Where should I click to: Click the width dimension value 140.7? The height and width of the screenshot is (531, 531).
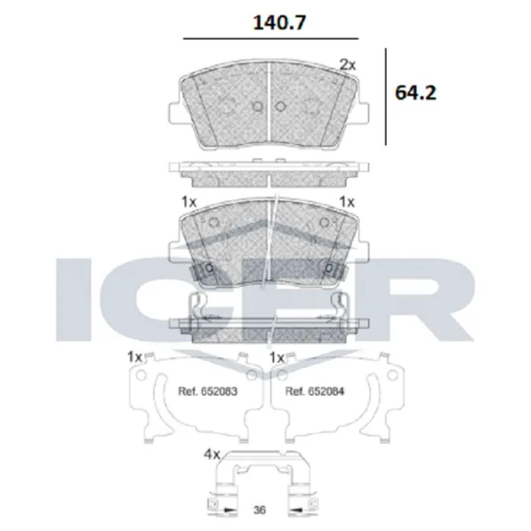point(280,23)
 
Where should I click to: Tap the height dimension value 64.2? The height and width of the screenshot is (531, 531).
point(416,92)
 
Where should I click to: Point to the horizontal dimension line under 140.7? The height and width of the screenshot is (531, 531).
point(271,39)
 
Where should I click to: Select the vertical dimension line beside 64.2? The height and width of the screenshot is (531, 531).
point(386,96)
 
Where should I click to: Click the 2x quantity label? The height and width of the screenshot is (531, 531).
point(348,65)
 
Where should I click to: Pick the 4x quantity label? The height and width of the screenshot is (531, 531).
point(212,454)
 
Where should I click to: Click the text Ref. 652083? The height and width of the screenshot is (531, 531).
point(208,391)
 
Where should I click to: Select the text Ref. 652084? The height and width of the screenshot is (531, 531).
point(315,391)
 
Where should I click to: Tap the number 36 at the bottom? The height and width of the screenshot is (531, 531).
point(259,510)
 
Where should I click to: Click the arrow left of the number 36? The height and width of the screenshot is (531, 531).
point(229,510)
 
